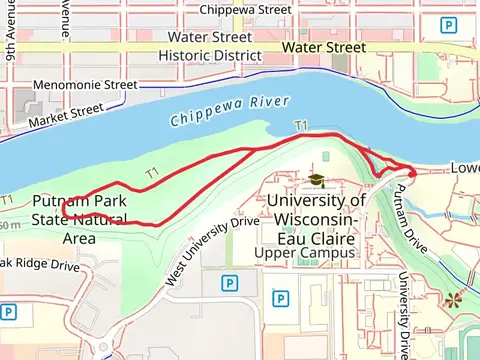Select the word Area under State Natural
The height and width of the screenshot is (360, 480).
pyautogui.click(x=79, y=238)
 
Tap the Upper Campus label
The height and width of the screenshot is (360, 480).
pyautogui.click(x=306, y=253)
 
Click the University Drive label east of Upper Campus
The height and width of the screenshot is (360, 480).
pyautogui.click(x=405, y=315)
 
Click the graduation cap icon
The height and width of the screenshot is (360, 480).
pyautogui.click(x=316, y=179)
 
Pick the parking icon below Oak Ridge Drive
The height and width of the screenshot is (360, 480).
pyautogui.click(x=8, y=312)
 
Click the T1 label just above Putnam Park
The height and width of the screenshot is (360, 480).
pyautogui.click(x=152, y=173)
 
